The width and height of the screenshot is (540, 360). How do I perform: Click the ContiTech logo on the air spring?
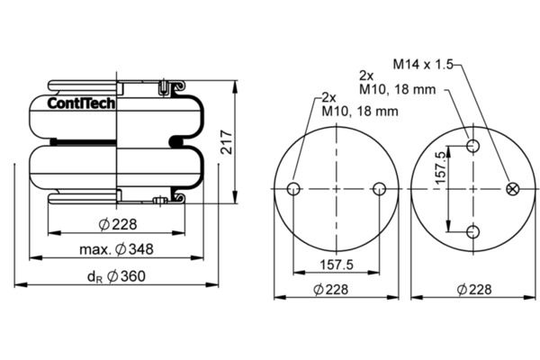click(81, 103)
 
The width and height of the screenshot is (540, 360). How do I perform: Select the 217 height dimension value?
click(227, 142)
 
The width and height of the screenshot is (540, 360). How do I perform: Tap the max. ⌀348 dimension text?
click(116, 249)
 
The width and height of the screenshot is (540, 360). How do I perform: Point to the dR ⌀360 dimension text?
click(116, 276)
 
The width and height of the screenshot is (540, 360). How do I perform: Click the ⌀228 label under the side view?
click(118, 224)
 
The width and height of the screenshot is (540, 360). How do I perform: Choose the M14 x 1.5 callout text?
click(423, 64)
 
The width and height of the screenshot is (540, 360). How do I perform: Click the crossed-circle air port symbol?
click(513, 189)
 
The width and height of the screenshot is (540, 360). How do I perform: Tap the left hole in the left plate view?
click(293, 189)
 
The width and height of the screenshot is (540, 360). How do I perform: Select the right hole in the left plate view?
click(380, 189)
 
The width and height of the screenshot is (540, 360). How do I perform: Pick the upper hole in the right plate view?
click(473, 146)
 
